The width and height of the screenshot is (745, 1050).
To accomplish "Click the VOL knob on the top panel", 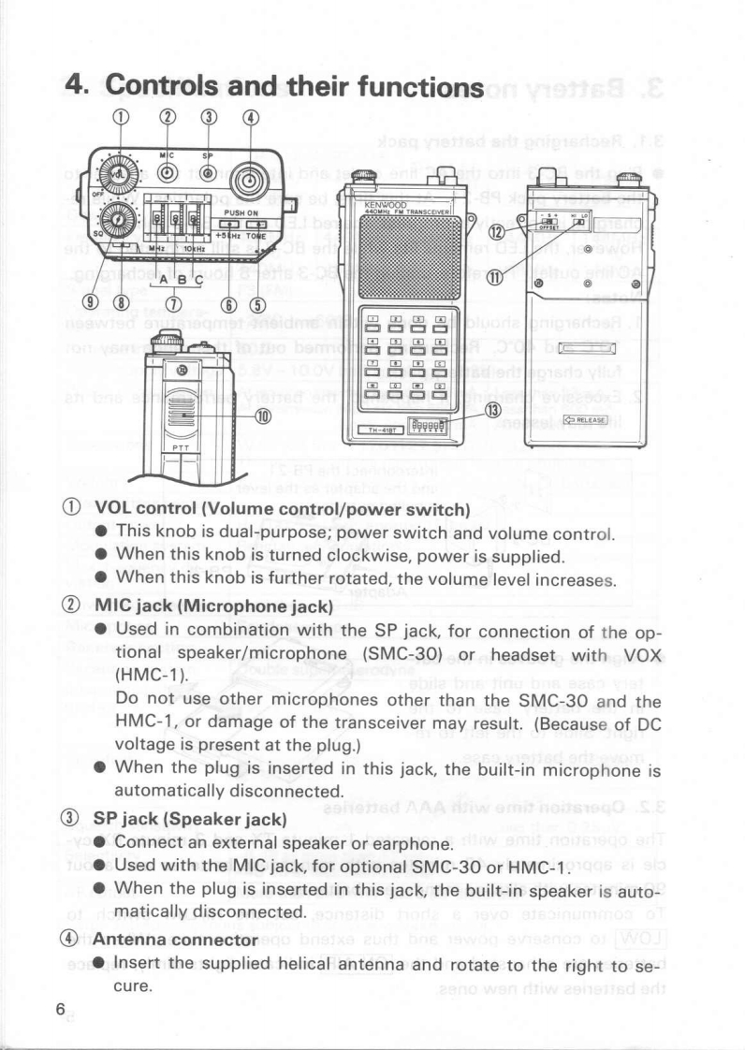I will (118, 176).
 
